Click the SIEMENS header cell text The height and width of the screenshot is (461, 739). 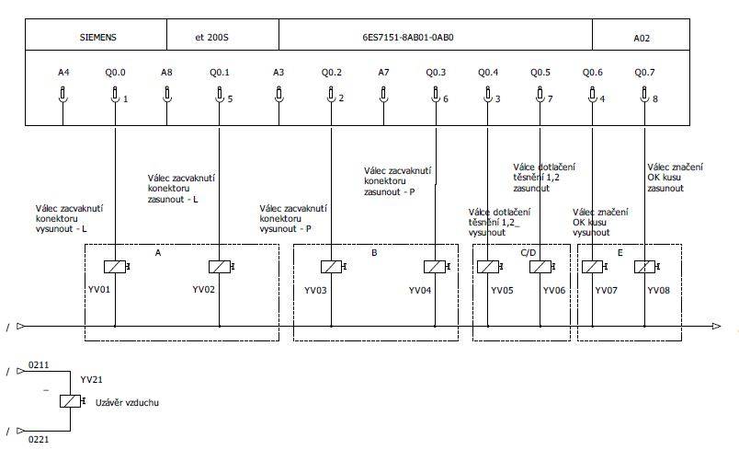pos(98,38)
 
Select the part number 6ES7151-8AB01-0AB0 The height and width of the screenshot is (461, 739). pos(408,38)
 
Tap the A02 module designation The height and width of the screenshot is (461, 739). pos(642,39)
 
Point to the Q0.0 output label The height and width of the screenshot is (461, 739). pos(115,72)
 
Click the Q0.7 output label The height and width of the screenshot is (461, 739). pos(644,72)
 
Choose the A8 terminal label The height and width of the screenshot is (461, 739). pos(166,72)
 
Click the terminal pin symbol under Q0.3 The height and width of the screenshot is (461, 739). pos(436,94)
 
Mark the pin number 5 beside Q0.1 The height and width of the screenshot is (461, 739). pos(230,99)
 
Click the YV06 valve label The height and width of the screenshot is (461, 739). pos(553,290)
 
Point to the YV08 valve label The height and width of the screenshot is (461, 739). pos(658,290)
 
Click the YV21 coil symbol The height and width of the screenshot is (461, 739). pos(72,401)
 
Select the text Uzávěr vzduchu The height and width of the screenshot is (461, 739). pos(127,402)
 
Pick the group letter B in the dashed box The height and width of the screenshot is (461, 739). pos(374,253)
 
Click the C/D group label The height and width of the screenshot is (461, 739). pos(529,253)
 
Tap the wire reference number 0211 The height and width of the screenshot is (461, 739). pos(39,364)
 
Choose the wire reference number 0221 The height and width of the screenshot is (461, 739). pos(39,439)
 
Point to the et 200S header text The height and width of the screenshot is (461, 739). pos(211,38)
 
